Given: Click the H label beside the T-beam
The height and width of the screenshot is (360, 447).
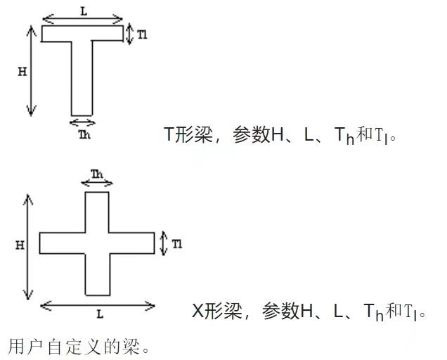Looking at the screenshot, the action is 22,70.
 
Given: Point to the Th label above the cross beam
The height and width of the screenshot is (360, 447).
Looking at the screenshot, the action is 97,173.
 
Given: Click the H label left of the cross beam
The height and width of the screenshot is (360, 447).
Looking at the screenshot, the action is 20,245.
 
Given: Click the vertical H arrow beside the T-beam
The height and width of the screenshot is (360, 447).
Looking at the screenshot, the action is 31,70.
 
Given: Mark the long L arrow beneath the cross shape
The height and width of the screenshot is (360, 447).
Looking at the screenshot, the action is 98,305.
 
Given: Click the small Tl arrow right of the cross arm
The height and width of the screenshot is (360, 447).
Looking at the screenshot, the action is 164,243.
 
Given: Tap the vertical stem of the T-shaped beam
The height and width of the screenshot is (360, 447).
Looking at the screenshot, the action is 82,77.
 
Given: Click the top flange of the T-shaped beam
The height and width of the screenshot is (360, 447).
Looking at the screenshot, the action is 83,33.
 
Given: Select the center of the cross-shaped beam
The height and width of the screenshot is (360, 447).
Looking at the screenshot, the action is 97,243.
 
